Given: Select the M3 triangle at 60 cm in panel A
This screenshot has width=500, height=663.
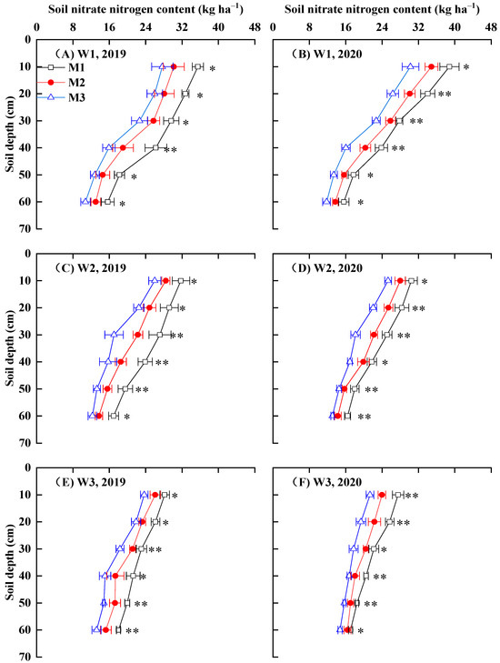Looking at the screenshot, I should pos(85,202).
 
